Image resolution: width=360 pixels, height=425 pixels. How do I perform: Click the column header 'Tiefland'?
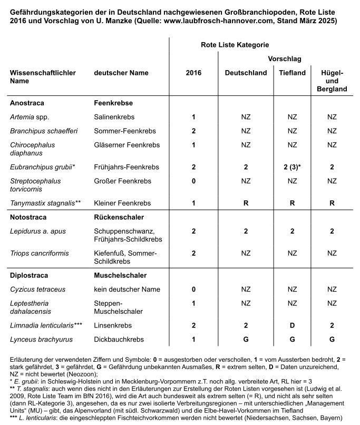click(x=292, y=73)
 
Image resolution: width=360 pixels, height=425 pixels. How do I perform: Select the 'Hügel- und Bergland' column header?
click(x=332, y=81)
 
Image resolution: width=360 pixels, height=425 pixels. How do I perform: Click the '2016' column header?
click(x=193, y=73)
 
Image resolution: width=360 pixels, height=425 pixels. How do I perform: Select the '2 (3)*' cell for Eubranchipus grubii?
click(x=292, y=167)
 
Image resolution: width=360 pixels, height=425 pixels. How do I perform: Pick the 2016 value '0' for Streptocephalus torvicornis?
click(x=193, y=181)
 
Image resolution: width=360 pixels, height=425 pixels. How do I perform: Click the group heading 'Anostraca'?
click(x=27, y=103)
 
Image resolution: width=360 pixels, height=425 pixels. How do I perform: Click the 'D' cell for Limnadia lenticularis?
click(x=292, y=325)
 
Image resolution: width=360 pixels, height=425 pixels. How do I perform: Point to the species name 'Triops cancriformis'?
click(x=40, y=253)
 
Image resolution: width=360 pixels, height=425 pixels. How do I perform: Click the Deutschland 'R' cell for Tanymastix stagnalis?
click(x=246, y=202)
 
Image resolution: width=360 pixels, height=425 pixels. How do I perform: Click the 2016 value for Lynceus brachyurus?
click(x=193, y=339)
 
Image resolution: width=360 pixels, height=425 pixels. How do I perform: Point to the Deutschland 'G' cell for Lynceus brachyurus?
click(x=246, y=339)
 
